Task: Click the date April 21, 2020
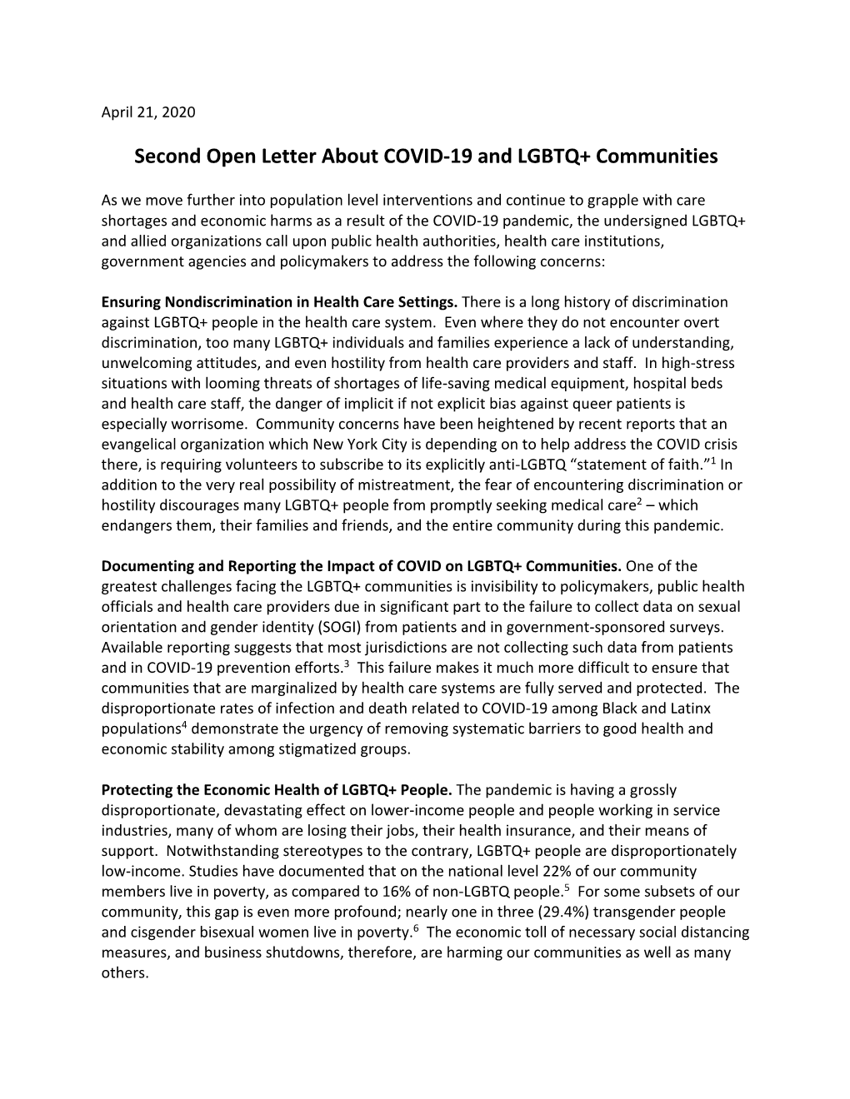click(x=148, y=112)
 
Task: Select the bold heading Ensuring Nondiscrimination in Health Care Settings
click(x=279, y=301)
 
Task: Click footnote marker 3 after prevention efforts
click(x=347, y=663)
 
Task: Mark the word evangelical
click(x=138, y=445)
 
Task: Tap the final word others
click(x=124, y=972)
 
